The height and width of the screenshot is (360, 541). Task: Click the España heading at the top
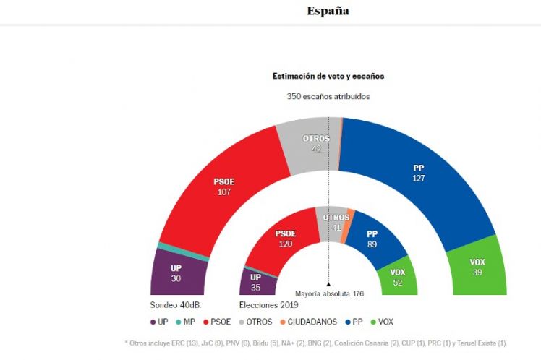click(328, 11)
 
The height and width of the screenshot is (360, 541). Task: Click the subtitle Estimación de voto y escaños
click(328, 76)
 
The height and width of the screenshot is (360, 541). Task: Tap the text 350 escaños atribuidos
click(328, 95)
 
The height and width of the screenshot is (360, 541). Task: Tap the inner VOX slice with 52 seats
click(397, 276)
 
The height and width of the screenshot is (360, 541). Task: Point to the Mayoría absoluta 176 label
click(328, 293)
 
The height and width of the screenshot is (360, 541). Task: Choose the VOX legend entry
click(380, 322)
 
